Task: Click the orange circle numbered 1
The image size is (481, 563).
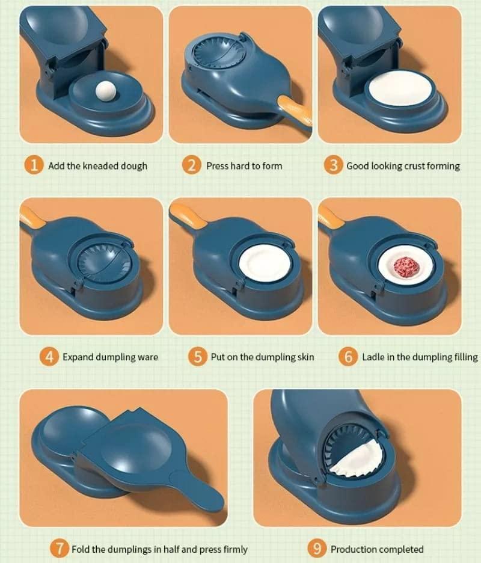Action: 34,165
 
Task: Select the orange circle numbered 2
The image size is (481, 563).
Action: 192,165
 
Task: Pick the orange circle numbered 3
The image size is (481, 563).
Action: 334,165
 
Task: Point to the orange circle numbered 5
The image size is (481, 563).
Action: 197,357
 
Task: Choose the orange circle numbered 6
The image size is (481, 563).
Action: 348,357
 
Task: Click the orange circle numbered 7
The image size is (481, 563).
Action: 58,549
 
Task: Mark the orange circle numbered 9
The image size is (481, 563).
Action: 317,549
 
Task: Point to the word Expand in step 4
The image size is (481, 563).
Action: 78,357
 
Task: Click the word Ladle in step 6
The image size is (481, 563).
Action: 374,357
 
